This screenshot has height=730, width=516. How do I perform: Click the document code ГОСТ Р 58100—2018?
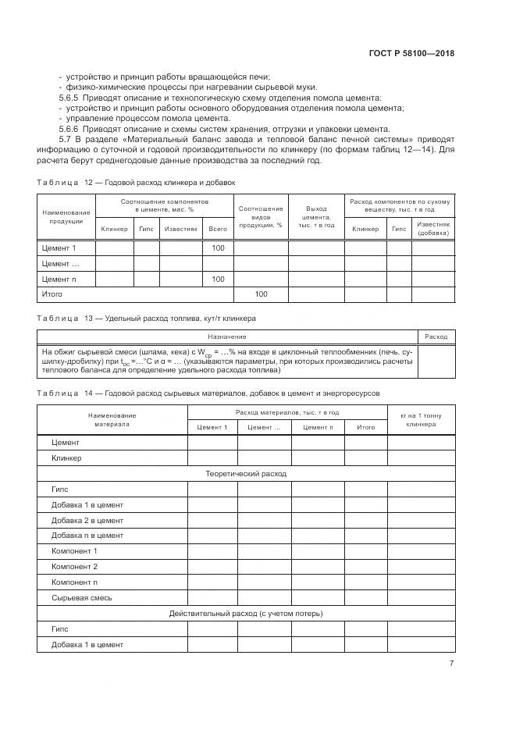tap(411, 54)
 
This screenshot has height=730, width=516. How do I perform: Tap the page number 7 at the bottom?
tap(451, 663)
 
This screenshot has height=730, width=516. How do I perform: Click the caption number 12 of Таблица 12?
tap(88, 182)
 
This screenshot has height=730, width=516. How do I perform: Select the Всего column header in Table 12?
tap(218, 229)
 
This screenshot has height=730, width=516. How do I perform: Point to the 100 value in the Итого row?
tap(261, 294)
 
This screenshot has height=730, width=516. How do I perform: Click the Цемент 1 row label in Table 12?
tap(59, 248)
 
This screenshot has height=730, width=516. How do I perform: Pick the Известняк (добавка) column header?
tap(433, 229)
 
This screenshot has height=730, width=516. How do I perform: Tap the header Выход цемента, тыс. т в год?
tap(316, 216)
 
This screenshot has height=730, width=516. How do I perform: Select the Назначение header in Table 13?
tap(227, 337)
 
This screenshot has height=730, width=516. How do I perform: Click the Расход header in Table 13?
tap(436, 337)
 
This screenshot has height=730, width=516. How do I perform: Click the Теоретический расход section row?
tap(246, 474)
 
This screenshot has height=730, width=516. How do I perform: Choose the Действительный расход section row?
tap(246, 614)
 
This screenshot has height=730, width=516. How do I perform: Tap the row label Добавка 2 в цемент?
tap(87, 520)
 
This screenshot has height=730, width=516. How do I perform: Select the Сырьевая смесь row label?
tap(82, 597)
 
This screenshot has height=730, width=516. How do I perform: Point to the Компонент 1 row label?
tap(74, 551)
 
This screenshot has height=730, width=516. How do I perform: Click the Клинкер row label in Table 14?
tap(66, 458)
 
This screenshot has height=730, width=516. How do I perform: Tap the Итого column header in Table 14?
tap(365, 427)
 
